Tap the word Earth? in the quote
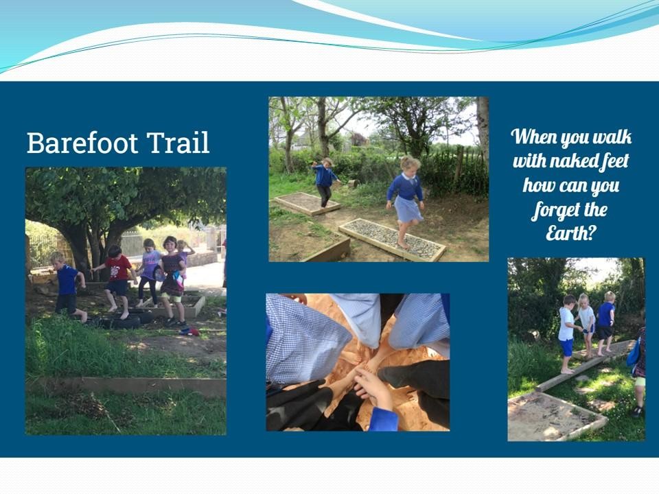click(x=571, y=233)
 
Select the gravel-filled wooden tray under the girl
click(x=392, y=239)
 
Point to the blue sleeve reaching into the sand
click(x=383, y=419)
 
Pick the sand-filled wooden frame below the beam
click(x=555, y=414)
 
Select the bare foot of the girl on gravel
click(x=403, y=245)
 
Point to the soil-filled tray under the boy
click(x=306, y=203)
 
